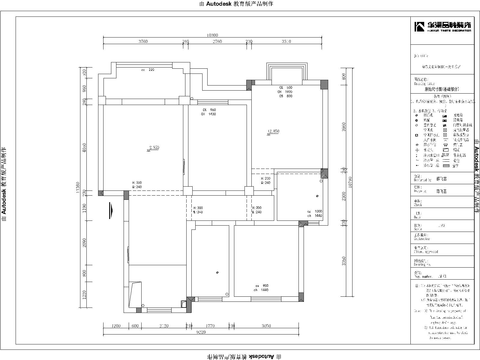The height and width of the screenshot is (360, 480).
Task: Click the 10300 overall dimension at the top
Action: click(x=212, y=35)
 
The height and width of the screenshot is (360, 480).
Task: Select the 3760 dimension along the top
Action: click(x=143, y=42)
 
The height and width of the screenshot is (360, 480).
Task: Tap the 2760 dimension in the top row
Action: click(x=217, y=42)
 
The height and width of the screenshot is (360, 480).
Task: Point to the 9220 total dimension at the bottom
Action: click(x=201, y=332)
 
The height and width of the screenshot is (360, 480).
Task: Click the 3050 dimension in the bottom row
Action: click(x=266, y=326)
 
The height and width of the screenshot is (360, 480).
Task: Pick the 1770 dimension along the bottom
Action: click(x=211, y=326)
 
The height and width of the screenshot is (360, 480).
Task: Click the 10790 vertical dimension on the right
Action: click(x=350, y=182)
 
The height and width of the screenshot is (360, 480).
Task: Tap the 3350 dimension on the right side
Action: click(x=344, y=260)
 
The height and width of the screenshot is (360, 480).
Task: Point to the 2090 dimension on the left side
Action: click(x=85, y=242)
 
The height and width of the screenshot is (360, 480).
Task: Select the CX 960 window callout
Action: click(x=209, y=110)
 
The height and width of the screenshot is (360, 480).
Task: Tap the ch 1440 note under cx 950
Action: click(x=260, y=290)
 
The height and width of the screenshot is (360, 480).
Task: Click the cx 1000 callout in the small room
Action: click(x=314, y=211)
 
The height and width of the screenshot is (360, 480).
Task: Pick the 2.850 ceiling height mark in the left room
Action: click(x=154, y=148)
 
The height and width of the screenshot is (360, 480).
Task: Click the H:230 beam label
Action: click(x=265, y=178)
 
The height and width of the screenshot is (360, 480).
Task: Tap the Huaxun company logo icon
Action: click(x=419, y=27)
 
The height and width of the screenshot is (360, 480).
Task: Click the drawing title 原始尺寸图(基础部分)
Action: click(x=442, y=89)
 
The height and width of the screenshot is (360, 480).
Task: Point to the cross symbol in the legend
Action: click(x=417, y=150)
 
